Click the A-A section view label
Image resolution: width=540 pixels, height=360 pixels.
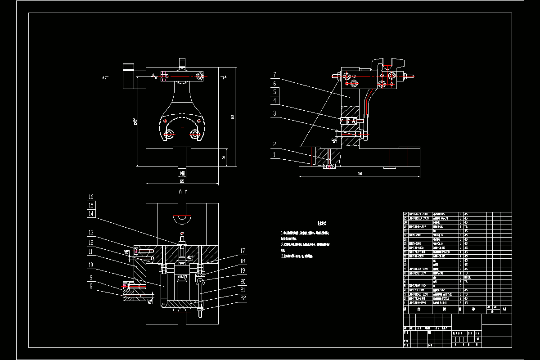click(x=183, y=191)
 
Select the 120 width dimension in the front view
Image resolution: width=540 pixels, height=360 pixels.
click(x=182, y=181)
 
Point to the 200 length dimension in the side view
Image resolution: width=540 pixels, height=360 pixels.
click(x=360, y=173)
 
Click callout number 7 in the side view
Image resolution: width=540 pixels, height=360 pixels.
click(x=274, y=74)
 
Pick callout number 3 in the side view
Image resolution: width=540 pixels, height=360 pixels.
click(x=274, y=113)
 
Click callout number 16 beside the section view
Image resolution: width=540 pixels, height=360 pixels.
click(x=91, y=197)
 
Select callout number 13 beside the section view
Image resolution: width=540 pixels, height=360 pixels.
click(x=91, y=233)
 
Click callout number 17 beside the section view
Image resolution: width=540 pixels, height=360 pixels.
click(x=242, y=251)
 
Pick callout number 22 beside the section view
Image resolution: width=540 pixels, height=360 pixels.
click(x=242, y=297)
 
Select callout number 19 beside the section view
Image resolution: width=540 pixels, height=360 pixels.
click(x=242, y=271)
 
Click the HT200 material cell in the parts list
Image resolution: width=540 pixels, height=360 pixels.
click(x=464, y=277)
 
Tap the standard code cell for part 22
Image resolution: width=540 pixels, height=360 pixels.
click(x=417, y=214)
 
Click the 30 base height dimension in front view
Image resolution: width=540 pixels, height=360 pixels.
click(x=223, y=157)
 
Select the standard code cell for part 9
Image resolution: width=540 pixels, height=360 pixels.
click(x=417, y=269)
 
